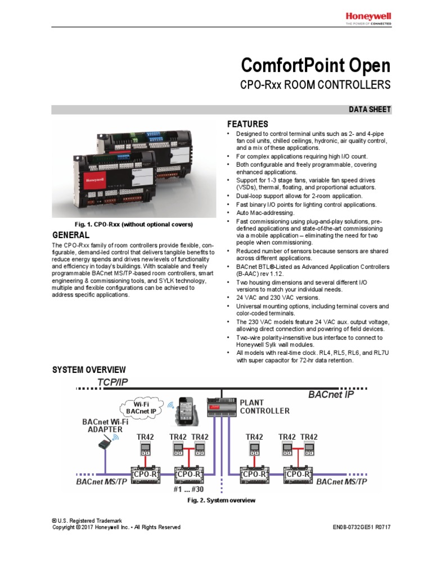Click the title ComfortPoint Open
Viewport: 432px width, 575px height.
pos(315,66)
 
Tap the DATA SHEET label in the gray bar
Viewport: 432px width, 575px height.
pos(370,109)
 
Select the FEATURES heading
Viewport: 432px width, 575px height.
pos(247,124)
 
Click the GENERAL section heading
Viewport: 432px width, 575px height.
pos(70,235)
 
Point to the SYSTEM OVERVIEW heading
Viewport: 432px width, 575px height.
pos(89,369)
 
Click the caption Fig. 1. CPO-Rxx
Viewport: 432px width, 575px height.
pos(123,225)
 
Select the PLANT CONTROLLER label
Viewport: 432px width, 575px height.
pos(264,407)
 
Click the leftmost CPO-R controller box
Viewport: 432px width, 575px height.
pos(146,475)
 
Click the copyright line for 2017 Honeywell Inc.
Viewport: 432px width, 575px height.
pos(116,527)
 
